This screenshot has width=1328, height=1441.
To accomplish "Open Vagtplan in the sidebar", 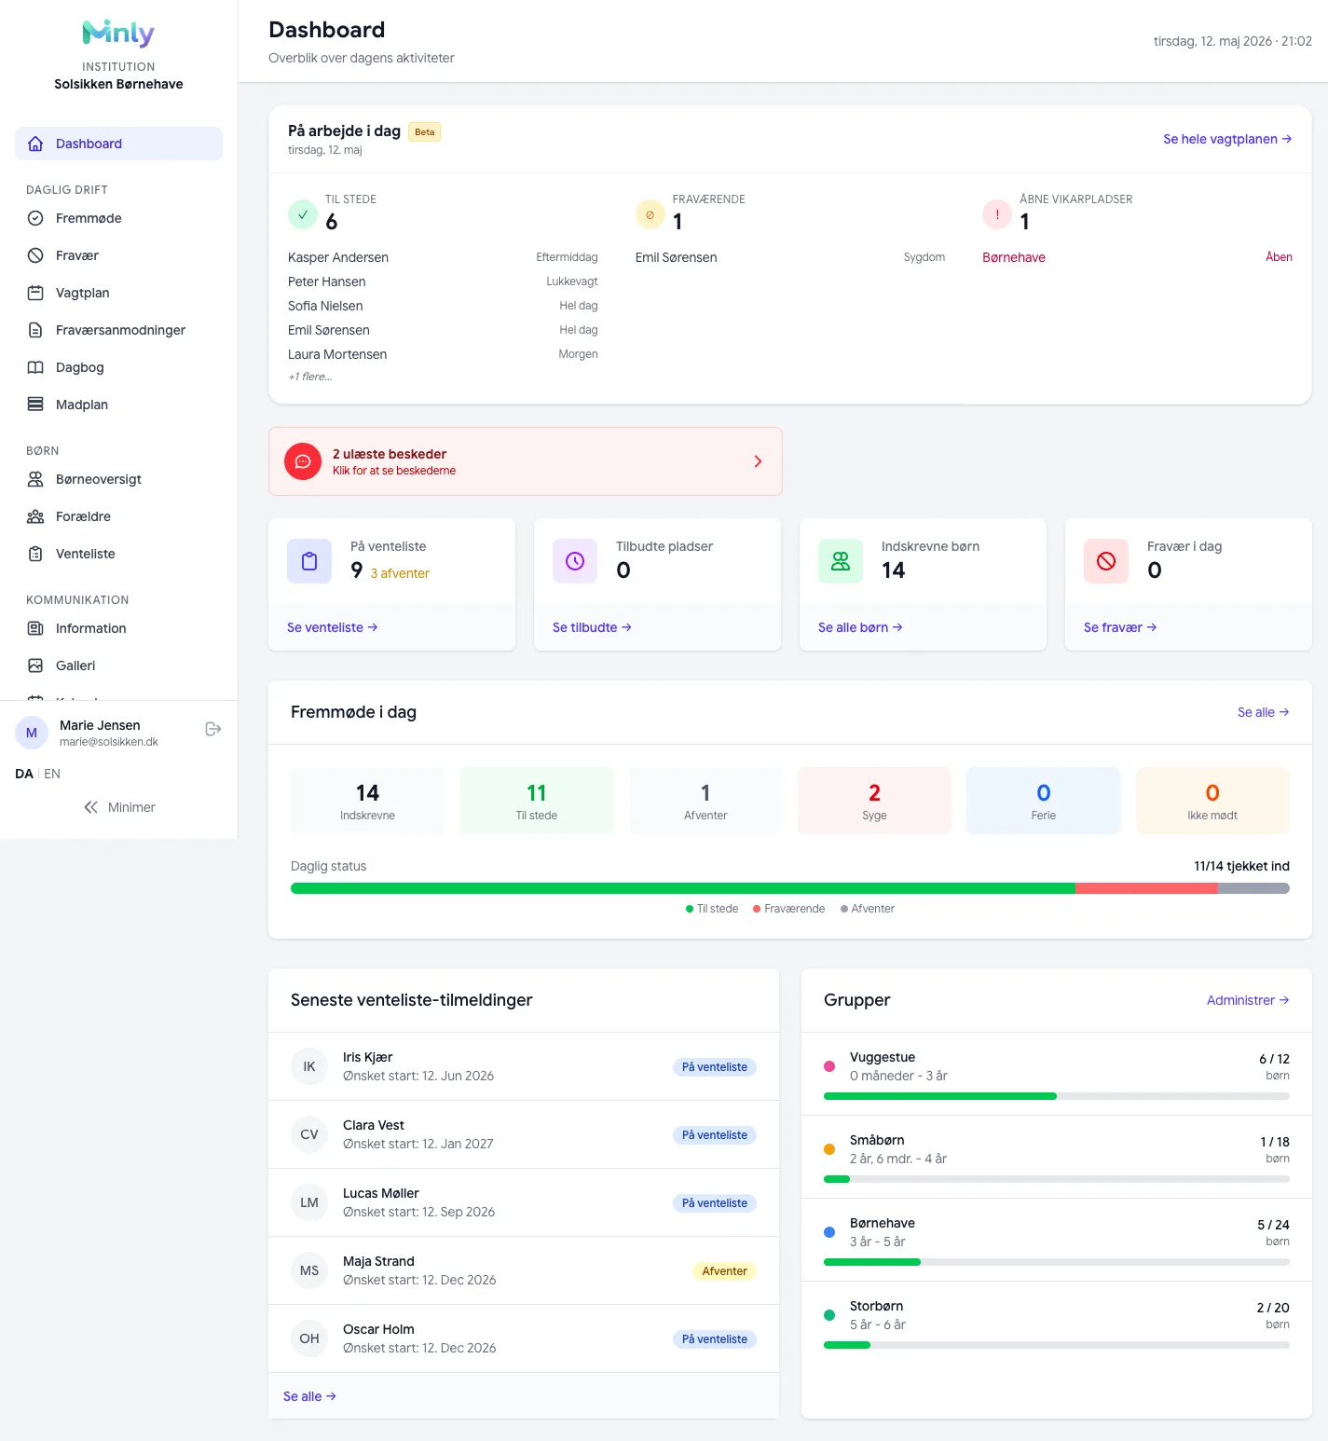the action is point(82,293).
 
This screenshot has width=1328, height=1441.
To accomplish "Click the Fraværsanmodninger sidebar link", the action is point(120,330).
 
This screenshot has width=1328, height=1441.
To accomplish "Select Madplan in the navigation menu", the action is point(82,405).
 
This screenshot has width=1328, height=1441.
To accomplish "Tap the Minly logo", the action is point(118,34).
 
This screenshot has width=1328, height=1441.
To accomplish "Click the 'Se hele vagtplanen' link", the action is point(1227,139).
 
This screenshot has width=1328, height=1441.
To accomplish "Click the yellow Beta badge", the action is point(425,132).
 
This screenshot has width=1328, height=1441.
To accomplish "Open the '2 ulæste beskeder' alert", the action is point(526,461).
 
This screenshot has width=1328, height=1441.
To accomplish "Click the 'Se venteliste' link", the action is point(332,627).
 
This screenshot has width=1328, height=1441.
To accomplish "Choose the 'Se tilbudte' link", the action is point(592,627).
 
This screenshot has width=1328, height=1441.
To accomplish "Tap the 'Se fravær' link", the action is point(1120,627).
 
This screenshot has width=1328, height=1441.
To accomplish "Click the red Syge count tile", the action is point(874,801).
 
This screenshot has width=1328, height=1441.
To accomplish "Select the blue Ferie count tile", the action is point(1044,801).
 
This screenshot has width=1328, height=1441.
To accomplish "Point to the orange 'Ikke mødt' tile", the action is point(1212,801).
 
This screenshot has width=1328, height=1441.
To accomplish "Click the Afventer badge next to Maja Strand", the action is point(724,1271).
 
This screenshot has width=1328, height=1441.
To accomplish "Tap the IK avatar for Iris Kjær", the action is point(309,1066).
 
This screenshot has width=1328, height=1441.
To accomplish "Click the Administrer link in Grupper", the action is point(1248,1000).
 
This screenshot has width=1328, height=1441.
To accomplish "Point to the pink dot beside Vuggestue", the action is point(829,1066).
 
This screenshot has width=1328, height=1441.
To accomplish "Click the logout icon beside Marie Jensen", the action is point(212,729).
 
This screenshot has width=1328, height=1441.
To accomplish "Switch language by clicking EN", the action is point(52,774).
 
